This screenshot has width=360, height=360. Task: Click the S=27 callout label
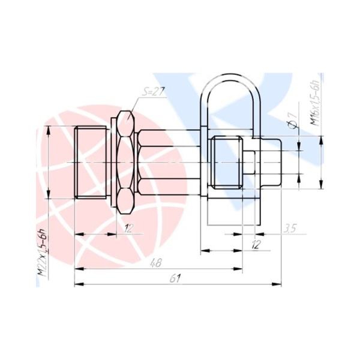[152, 92]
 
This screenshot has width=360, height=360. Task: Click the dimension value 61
[175, 278]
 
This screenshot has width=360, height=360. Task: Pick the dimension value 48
[156, 263]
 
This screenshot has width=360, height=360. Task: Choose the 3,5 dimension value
[290, 229]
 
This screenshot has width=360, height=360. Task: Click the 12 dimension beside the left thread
[128, 228]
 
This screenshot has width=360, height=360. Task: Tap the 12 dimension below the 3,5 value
[256, 245]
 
